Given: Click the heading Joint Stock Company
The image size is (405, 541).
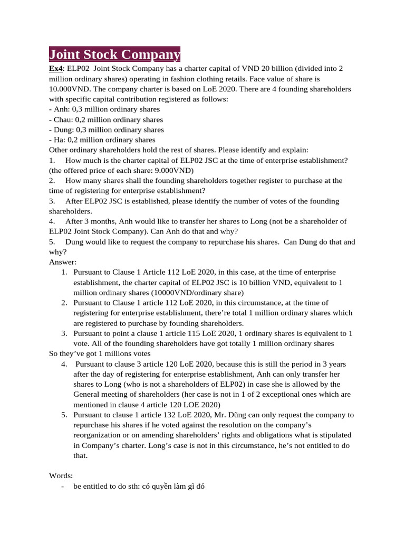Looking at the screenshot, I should tap(114, 54).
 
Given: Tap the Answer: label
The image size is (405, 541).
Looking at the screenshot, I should tap(63, 262).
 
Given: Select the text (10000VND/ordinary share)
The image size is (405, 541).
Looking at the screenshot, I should tap(197, 293).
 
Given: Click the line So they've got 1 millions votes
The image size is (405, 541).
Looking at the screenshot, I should tap(100, 353).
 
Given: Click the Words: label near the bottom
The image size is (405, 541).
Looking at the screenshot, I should tap(62, 475).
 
